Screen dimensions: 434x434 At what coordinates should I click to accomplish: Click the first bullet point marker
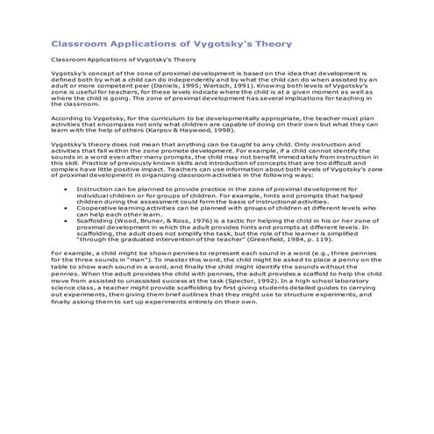coord(67,189)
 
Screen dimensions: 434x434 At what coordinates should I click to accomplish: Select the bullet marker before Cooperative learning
coord(67,209)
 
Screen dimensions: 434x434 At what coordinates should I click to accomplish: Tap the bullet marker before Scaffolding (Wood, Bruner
coord(67,222)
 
